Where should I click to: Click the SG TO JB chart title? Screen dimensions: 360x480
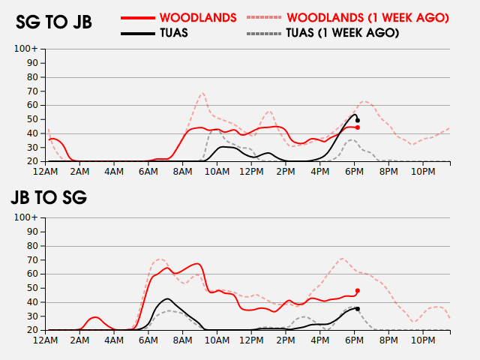[x=54, y=22]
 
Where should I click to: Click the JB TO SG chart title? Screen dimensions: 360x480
[x=49, y=198]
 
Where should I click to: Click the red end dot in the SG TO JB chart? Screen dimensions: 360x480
[x=358, y=127]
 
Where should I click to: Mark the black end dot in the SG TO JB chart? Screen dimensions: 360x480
[x=358, y=120]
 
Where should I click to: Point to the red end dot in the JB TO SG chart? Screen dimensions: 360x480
[x=358, y=290]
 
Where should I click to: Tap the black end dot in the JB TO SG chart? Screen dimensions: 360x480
[x=358, y=308]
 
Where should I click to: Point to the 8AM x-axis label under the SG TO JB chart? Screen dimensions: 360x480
[x=182, y=172]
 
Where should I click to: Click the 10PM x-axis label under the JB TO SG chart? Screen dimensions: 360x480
[x=423, y=340]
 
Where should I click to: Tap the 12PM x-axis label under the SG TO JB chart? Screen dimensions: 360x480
[x=250, y=172]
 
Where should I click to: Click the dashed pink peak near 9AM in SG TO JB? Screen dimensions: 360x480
[x=202, y=93]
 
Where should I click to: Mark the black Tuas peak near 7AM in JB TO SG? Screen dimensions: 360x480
[x=166, y=298]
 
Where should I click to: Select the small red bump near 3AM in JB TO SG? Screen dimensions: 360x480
[x=94, y=317]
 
